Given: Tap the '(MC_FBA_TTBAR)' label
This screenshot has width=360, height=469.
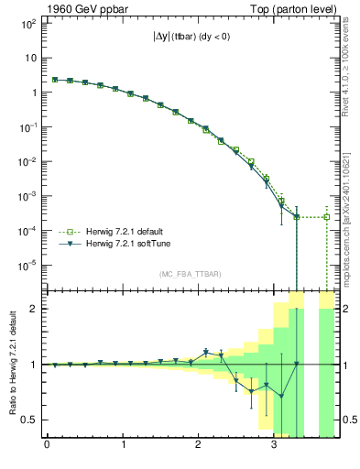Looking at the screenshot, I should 191,274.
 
